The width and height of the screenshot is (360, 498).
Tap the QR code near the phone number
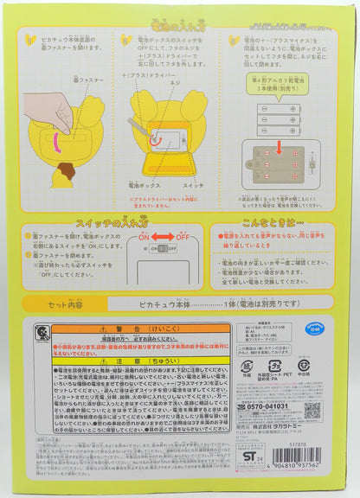tap(312, 410)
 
